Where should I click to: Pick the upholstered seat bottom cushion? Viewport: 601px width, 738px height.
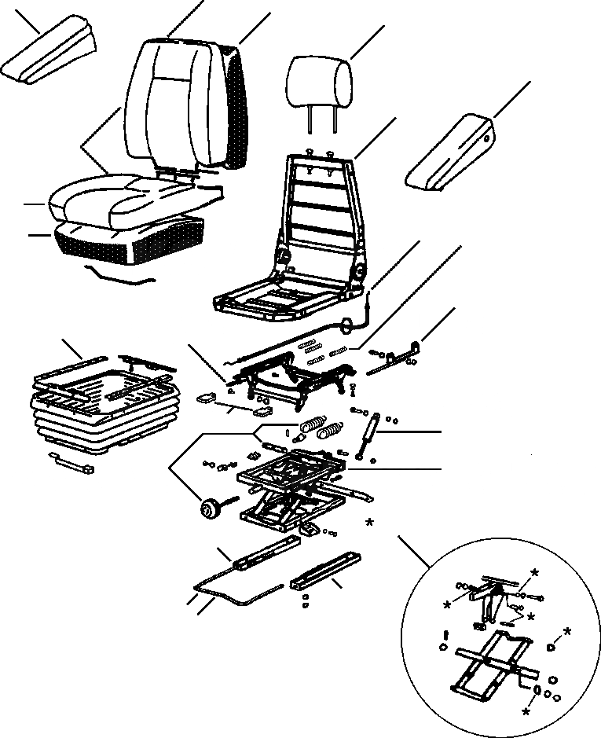pos(126,201)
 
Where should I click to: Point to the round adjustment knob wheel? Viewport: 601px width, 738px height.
pos(210,509)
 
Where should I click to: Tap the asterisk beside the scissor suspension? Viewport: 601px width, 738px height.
pos(369,522)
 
